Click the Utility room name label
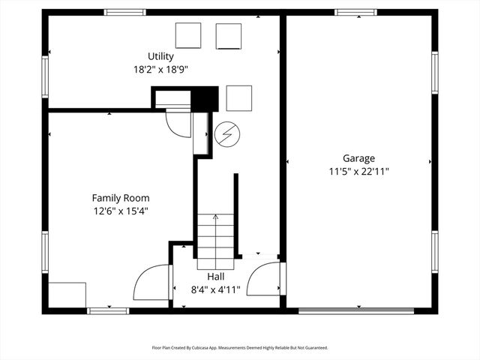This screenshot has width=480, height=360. point(160,56)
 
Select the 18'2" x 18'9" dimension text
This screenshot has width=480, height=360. point(160,69)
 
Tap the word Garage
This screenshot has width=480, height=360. point(358,158)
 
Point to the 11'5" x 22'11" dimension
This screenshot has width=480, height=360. point(358,171)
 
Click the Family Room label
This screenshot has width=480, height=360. point(116,198)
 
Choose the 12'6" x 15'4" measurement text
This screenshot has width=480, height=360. point(116,211)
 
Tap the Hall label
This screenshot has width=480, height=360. point(215,277)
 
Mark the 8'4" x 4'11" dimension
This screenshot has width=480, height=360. point(215,289)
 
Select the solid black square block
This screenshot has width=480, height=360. point(204,99)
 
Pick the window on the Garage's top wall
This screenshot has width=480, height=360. point(355,12)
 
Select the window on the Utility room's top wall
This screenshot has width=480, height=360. point(124,12)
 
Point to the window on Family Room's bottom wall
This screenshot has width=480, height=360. point(108,310)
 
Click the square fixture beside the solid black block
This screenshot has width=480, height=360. point(238,98)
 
